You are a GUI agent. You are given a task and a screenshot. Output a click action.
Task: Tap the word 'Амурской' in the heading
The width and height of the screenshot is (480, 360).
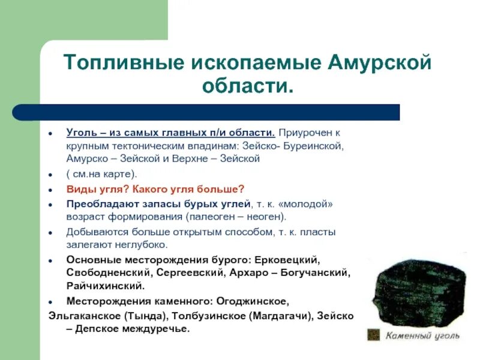[379, 62]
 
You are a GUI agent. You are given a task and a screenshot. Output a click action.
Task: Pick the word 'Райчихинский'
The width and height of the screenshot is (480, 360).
[105, 286]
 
